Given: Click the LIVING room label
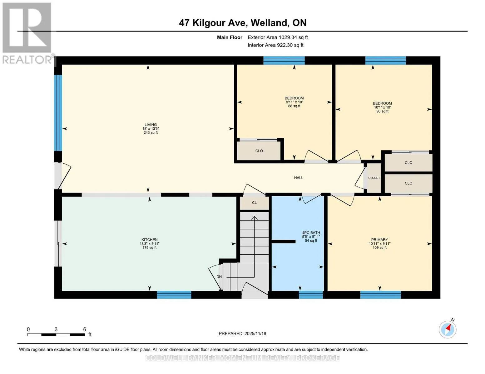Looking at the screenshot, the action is pyautogui.click(x=151, y=125).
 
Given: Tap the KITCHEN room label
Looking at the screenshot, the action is pyautogui.click(x=149, y=240).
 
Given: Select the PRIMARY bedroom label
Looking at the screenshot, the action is pyautogui.click(x=379, y=240).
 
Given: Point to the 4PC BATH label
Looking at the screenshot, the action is pyautogui.click(x=311, y=233).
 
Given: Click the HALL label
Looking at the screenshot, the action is pyautogui.click(x=299, y=178).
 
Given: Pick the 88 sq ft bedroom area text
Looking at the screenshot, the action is pyautogui.click(x=294, y=106).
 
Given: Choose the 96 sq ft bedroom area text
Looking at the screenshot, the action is pyautogui.click(x=382, y=111).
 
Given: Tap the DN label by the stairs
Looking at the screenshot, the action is pyautogui.click(x=219, y=277).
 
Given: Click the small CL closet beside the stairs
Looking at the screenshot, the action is pyautogui.click(x=254, y=203).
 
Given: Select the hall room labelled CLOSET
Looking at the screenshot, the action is pyautogui.click(x=374, y=178).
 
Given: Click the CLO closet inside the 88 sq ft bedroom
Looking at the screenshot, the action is pyautogui.click(x=259, y=151).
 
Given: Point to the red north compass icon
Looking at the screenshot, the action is pyautogui.click(x=448, y=329).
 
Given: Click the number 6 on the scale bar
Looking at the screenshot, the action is pyautogui.click(x=85, y=329).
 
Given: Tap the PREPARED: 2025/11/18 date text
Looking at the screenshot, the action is pyautogui.click(x=242, y=333).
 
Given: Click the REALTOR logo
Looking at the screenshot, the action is pyautogui.click(x=27, y=33).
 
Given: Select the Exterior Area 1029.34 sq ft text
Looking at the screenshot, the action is pyautogui.click(x=278, y=37).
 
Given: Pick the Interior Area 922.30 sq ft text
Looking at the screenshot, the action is pyautogui.click(x=275, y=45).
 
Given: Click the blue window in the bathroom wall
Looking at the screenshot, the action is pyautogui.click(x=311, y=295).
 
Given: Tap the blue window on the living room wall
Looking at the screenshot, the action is pyautogui.click(x=58, y=113).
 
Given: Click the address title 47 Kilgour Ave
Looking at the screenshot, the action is pyautogui.click(x=213, y=23).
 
